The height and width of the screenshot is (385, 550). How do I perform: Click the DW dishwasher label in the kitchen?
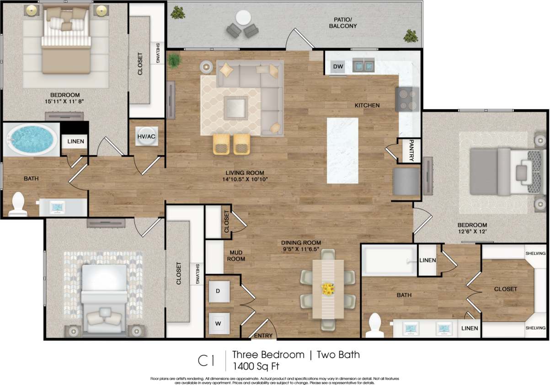point(338,68)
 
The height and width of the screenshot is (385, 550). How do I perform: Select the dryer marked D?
point(218,291)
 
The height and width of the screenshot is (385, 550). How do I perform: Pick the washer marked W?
point(219,324)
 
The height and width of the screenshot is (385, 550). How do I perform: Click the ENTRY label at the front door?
point(262,336)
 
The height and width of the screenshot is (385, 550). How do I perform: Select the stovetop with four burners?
point(407,99)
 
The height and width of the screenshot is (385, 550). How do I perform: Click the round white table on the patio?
point(243,19)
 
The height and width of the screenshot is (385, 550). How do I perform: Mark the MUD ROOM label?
point(236,255)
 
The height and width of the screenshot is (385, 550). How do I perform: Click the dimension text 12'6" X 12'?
point(472,232)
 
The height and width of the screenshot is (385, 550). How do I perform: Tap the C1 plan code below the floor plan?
point(206,360)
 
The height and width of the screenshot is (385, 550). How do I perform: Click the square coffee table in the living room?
point(235,108)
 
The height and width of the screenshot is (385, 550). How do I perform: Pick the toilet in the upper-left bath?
point(18,204)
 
